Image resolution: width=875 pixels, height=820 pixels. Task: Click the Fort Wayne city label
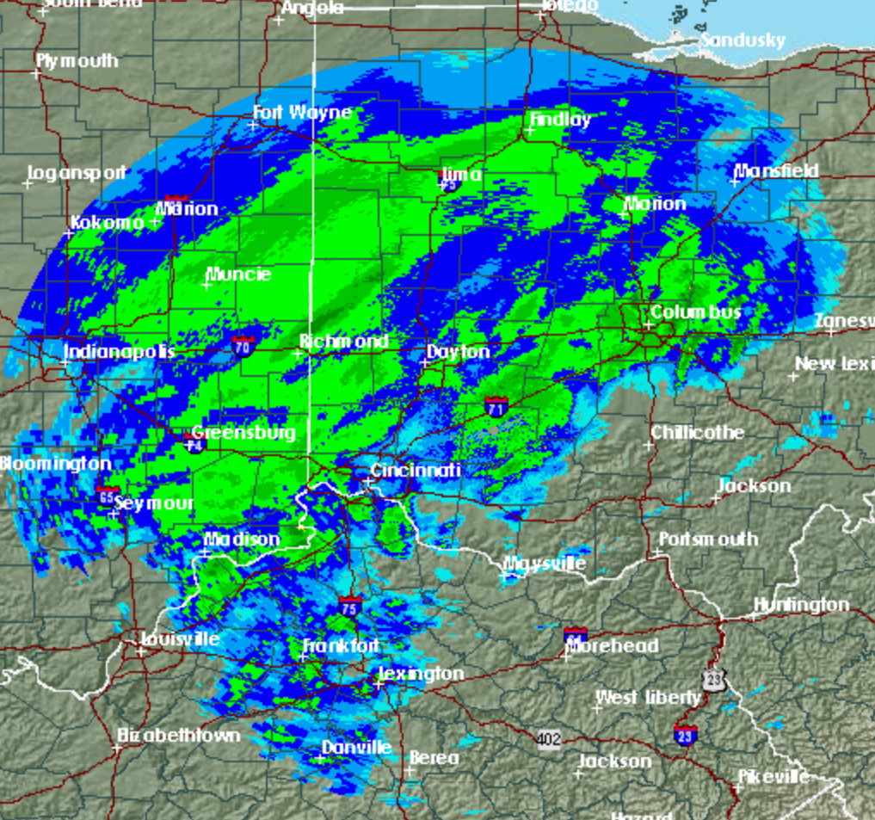click(302, 113)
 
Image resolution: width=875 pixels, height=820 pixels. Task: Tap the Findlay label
click(560, 120)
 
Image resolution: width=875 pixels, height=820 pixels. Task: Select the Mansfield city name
click(776, 171)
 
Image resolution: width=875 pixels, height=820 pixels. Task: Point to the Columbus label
click(695, 311)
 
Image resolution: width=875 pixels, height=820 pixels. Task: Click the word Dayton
click(459, 351)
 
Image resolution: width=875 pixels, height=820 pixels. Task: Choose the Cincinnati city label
click(416, 471)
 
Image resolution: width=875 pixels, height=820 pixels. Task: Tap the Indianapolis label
click(120, 351)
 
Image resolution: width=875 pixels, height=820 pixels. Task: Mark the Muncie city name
click(239, 274)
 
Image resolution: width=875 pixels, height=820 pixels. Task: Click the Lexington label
click(422, 674)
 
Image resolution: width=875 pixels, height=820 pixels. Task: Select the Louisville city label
click(180, 639)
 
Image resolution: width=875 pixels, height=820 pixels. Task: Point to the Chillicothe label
click(698, 432)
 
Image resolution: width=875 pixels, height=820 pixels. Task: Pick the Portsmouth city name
click(708, 539)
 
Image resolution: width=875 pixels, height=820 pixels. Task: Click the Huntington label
click(801, 605)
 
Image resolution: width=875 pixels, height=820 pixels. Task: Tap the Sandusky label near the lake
click(743, 40)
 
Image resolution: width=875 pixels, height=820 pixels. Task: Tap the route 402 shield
click(550, 739)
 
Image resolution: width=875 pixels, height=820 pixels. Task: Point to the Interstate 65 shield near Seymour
click(107, 496)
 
